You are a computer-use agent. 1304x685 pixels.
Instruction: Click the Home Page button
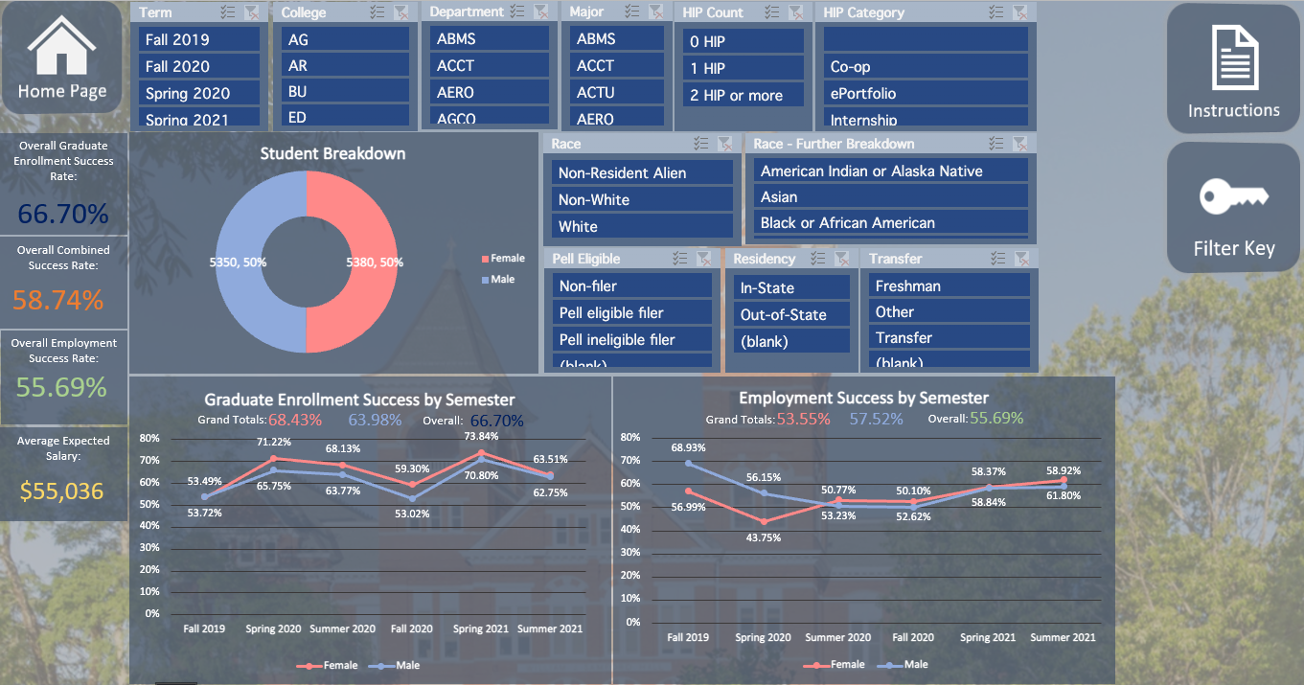point(61,62)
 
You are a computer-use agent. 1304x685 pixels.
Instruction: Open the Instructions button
point(1233,69)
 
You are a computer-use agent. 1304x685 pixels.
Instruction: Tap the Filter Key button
point(1233,208)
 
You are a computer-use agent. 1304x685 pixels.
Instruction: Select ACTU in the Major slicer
point(617,92)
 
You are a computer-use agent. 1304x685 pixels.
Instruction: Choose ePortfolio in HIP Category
point(925,93)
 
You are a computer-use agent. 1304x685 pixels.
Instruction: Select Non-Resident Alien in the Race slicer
point(642,172)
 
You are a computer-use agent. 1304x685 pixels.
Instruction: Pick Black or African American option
point(890,222)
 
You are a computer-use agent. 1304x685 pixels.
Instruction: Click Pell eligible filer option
point(631,312)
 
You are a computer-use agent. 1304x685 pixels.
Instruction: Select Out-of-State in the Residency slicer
point(790,314)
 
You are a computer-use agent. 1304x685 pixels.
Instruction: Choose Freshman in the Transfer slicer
point(949,285)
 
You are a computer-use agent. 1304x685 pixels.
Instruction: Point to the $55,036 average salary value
point(63,491)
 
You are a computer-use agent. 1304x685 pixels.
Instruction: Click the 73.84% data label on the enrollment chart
point(481,436)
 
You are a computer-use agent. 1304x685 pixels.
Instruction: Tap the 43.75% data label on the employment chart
point(764,537)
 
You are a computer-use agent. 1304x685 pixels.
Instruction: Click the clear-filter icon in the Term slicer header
point(251,12)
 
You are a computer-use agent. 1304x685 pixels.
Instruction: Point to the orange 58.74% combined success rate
point(57,300)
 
